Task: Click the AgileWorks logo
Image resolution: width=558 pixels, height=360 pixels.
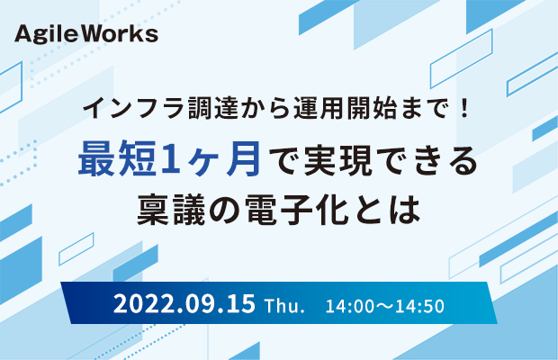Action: pos(86,34)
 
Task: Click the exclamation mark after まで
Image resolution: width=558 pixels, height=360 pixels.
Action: pos(463,108)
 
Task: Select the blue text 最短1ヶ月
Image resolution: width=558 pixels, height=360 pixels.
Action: pos(169,158)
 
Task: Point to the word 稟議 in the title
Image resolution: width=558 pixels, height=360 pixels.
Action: pos(172,210)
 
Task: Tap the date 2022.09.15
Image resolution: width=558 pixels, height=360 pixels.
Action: pos(184,304)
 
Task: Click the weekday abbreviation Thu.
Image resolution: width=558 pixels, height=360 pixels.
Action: pos(284,306)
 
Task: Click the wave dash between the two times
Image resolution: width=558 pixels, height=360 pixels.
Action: pos(384,307)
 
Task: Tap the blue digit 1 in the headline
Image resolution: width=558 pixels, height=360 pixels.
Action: pos(170,159)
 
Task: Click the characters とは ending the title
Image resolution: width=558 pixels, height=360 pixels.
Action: pos(385,210)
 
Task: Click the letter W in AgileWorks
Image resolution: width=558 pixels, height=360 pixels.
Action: pos(97,33)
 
